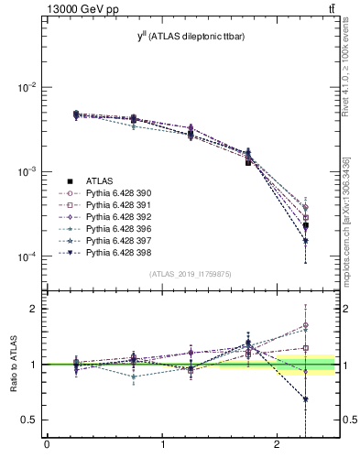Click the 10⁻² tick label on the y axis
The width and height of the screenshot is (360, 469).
pos(27,87)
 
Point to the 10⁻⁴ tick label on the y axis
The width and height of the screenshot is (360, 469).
pos(27,256)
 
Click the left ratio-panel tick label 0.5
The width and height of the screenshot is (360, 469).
pos(29,420)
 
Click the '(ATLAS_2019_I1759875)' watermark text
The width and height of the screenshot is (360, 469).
pos(189,274)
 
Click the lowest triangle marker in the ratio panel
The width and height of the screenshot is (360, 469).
pos(305,399)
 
